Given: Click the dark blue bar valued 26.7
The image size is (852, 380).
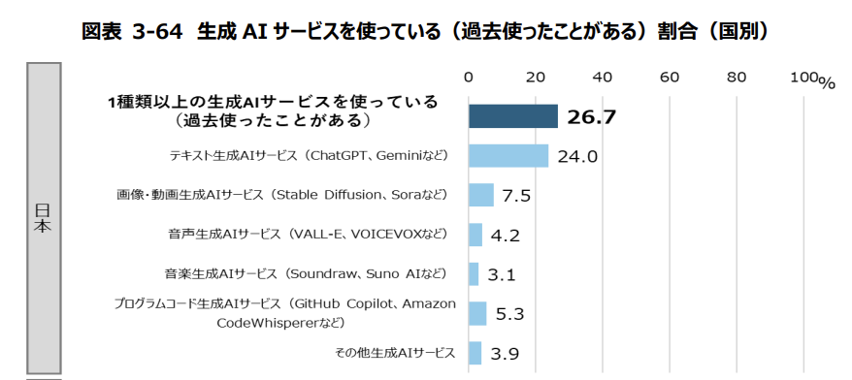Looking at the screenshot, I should pyautogui.click(x=512, y=116).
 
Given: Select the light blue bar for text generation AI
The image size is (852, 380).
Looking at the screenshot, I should pyautogui.click(x=508, y=155).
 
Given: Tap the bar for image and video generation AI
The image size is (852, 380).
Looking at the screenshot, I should pyautogui.click(x=481, y=195).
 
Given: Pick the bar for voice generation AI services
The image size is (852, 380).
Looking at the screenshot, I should pyautogui.click(x=475, y=235).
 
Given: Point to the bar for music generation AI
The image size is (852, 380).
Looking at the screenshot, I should pyautogui.click(x=474, y=274).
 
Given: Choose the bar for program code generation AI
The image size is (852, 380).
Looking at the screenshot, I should pyautogui.click(x=477, y=313).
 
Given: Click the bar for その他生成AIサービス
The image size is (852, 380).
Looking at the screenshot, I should pyautogui.click(x=475, y=353).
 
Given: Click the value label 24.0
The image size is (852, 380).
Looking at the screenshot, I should pyautogui.click(x=576, y=156).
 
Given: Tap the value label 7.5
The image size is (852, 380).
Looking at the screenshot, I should pyautogui.click(x=516, y=196).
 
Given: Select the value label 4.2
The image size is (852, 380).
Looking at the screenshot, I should pyautogui.click(x=507, y=236).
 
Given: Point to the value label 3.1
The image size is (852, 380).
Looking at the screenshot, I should pyautogui.click(x=502, y=275).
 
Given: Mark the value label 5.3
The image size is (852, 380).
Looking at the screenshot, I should pyautogui.click(x=509, y=314).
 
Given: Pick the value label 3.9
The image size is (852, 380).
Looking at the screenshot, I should pyautogui.click(x=505, y=354).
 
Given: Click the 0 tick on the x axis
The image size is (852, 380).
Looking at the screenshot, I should pyautogui.click(x=469, y=78).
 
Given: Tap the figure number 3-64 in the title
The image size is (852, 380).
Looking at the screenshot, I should pyautogui.click(x=157, y=30).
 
